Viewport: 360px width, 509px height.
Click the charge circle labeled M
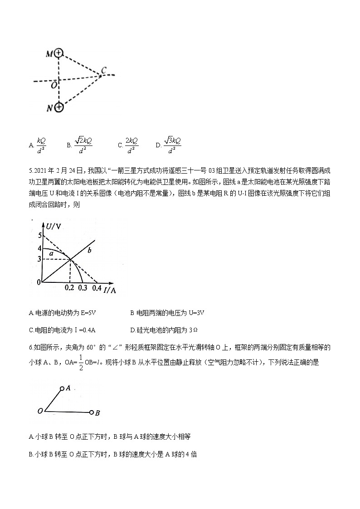(58, 53)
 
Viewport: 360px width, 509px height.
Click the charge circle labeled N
(58, 107)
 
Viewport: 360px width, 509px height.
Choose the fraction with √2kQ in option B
(83, 145)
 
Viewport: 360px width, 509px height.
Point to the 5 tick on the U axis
(39, 235)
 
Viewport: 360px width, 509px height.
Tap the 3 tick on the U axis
(39, 259)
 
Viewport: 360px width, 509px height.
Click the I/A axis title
(110, 290)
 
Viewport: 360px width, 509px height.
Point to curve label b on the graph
(90, 250)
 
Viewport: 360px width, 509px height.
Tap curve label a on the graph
(52, 254)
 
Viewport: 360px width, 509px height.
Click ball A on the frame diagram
(62, 388)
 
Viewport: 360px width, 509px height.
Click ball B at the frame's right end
(92, 412)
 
